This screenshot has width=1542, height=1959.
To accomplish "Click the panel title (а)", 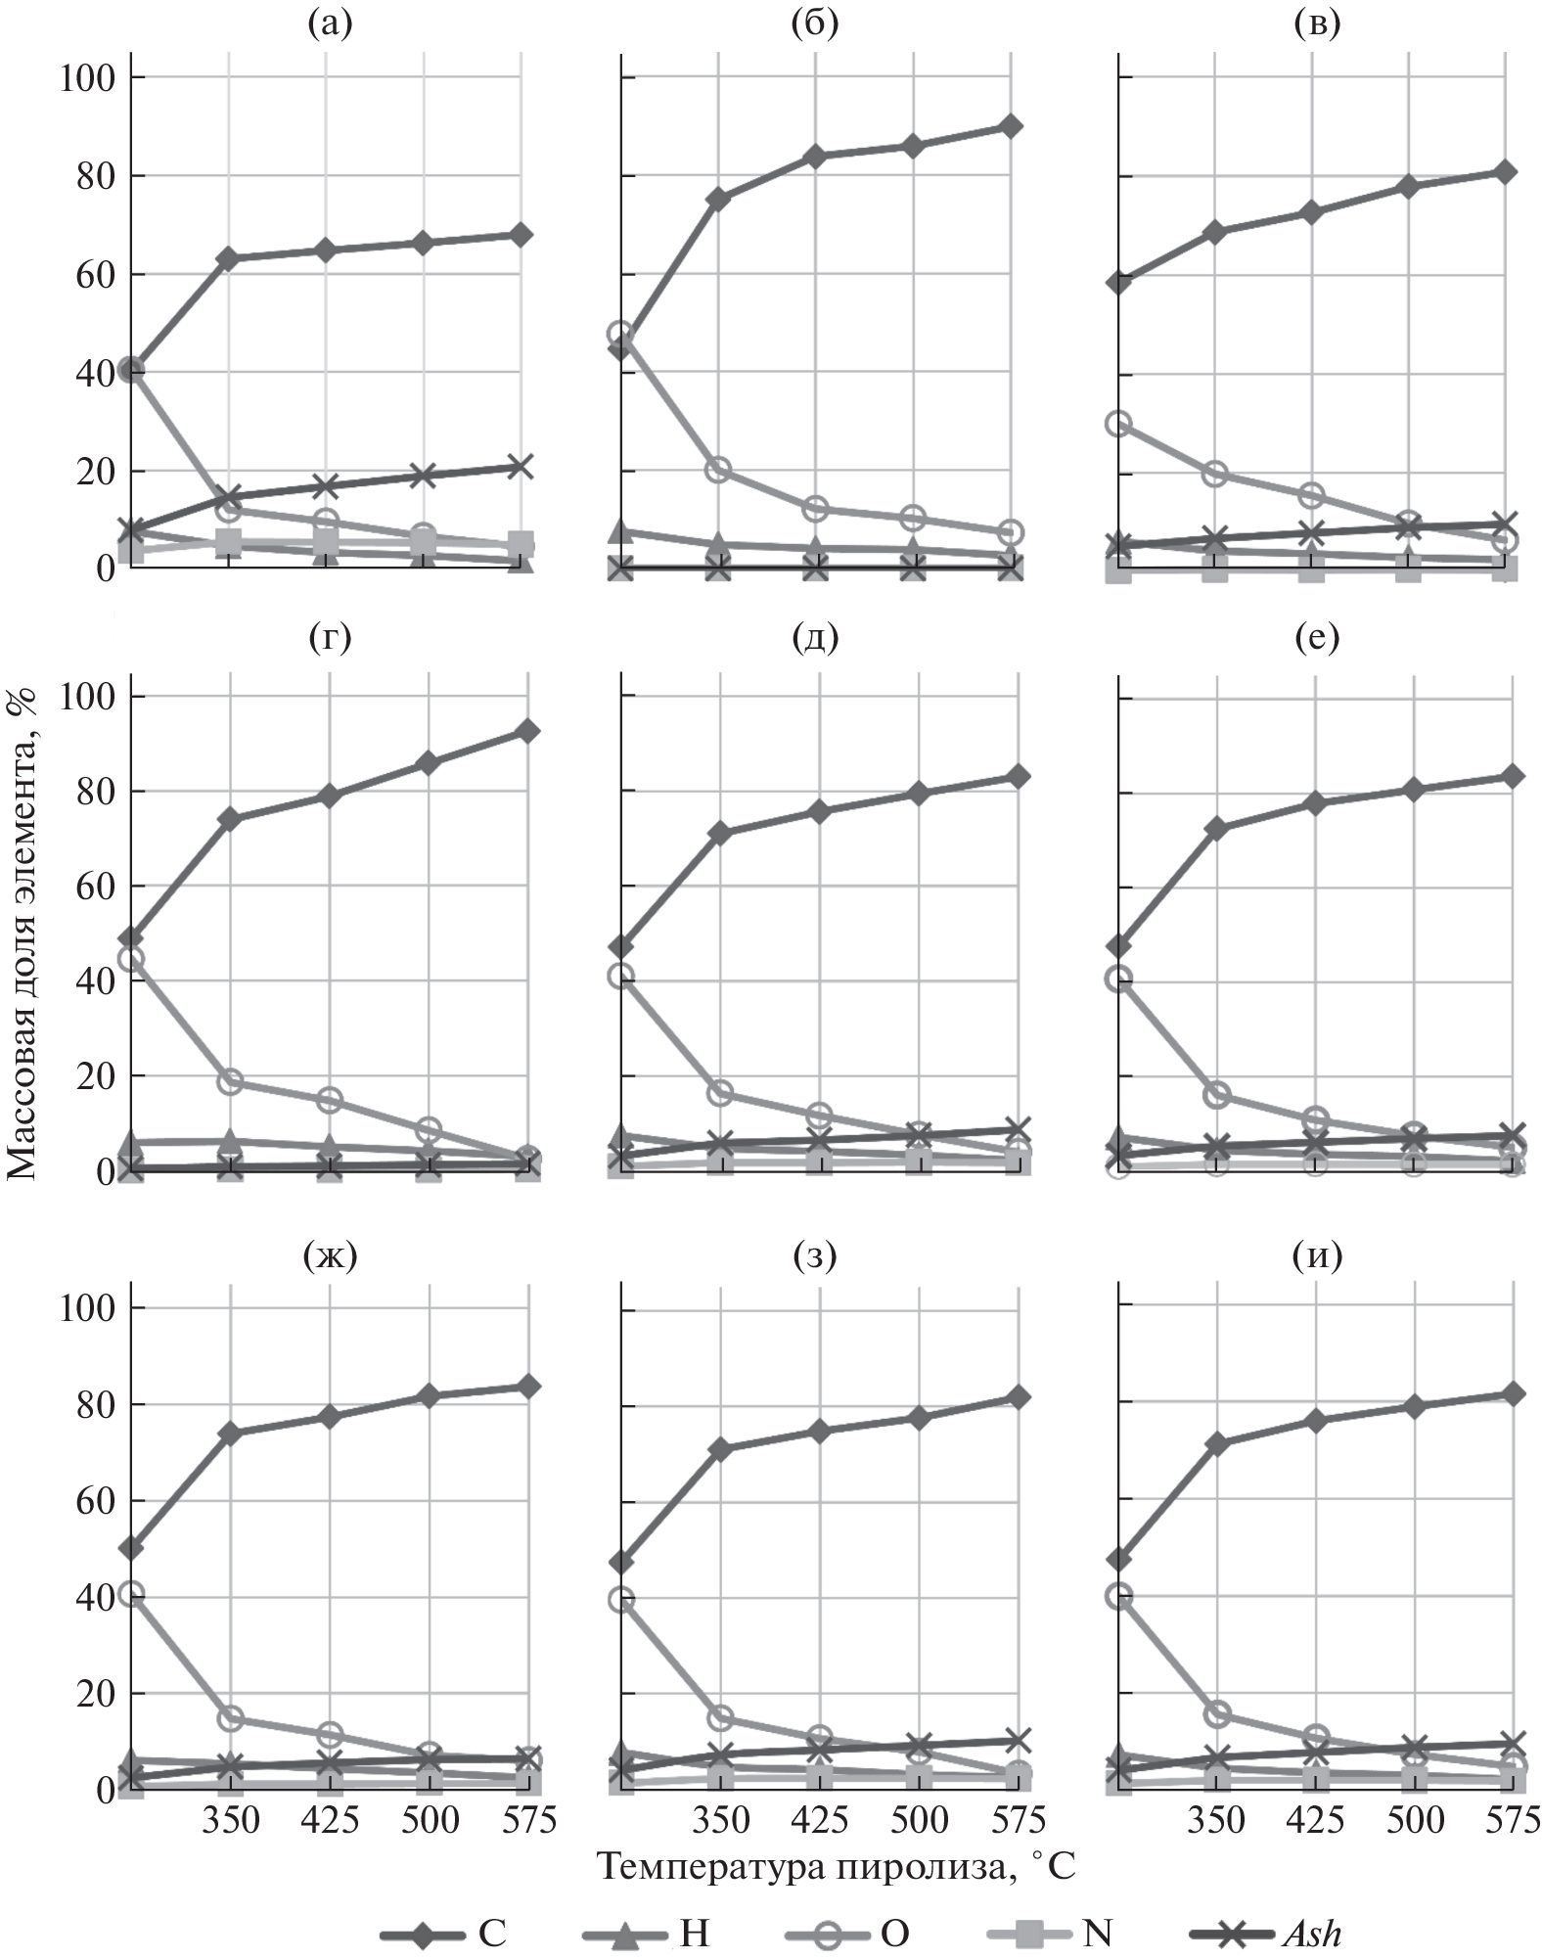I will pos(329,23).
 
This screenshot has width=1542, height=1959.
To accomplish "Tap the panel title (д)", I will pos(816,637).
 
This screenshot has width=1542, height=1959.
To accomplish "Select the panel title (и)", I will pos(1317,1254).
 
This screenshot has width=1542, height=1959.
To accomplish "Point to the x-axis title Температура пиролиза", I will pos(836,1865).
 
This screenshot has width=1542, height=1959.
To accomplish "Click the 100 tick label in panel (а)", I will pos(87,77).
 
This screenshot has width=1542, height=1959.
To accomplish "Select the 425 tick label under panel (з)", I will pos(819,1818).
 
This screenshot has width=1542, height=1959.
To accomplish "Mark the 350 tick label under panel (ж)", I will pos(232,1818).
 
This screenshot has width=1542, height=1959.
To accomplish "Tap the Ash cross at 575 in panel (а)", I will pos(521,466).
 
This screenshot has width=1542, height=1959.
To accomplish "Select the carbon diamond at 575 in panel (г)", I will pos(527,731).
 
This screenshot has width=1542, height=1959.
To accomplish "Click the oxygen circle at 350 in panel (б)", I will pos(718,469).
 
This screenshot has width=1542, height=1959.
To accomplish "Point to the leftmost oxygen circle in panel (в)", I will pos(1118,423).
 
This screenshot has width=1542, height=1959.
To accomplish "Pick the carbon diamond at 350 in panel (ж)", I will pos(232,1433).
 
